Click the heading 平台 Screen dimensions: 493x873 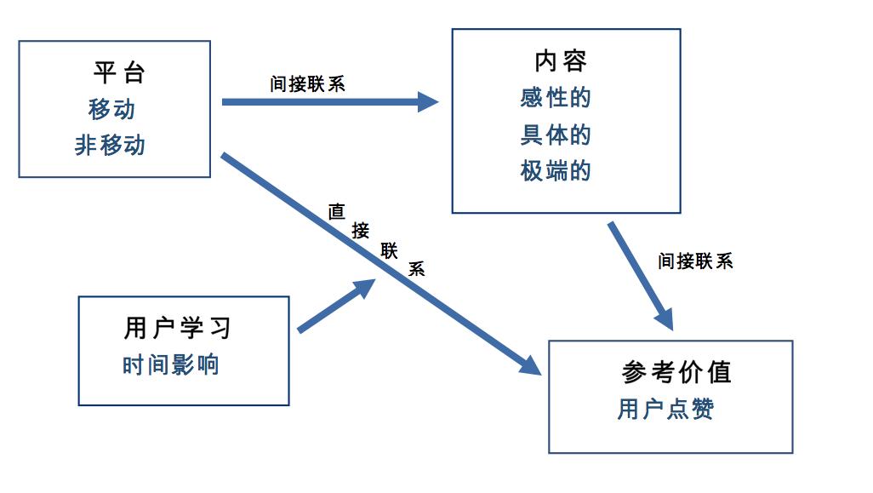(118, 72)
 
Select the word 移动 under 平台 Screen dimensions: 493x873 (111, 109)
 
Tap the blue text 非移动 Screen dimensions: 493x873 (110, 146)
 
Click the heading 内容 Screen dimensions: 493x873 (561, 60)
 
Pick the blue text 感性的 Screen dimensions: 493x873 (555, 98)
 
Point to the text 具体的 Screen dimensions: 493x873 (555, 135)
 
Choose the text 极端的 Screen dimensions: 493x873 (555, 171)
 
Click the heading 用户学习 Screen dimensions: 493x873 (178, 328)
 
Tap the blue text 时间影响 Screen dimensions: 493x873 (170, 365)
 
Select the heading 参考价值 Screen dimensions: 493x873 (676, 372)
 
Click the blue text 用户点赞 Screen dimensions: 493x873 (665, 410)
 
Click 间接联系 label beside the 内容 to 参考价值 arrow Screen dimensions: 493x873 (695, 261)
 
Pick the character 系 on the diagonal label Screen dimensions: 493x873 (416, 268)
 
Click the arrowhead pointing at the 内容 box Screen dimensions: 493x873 (427, 102)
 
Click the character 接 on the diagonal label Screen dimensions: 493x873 (361, 230)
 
